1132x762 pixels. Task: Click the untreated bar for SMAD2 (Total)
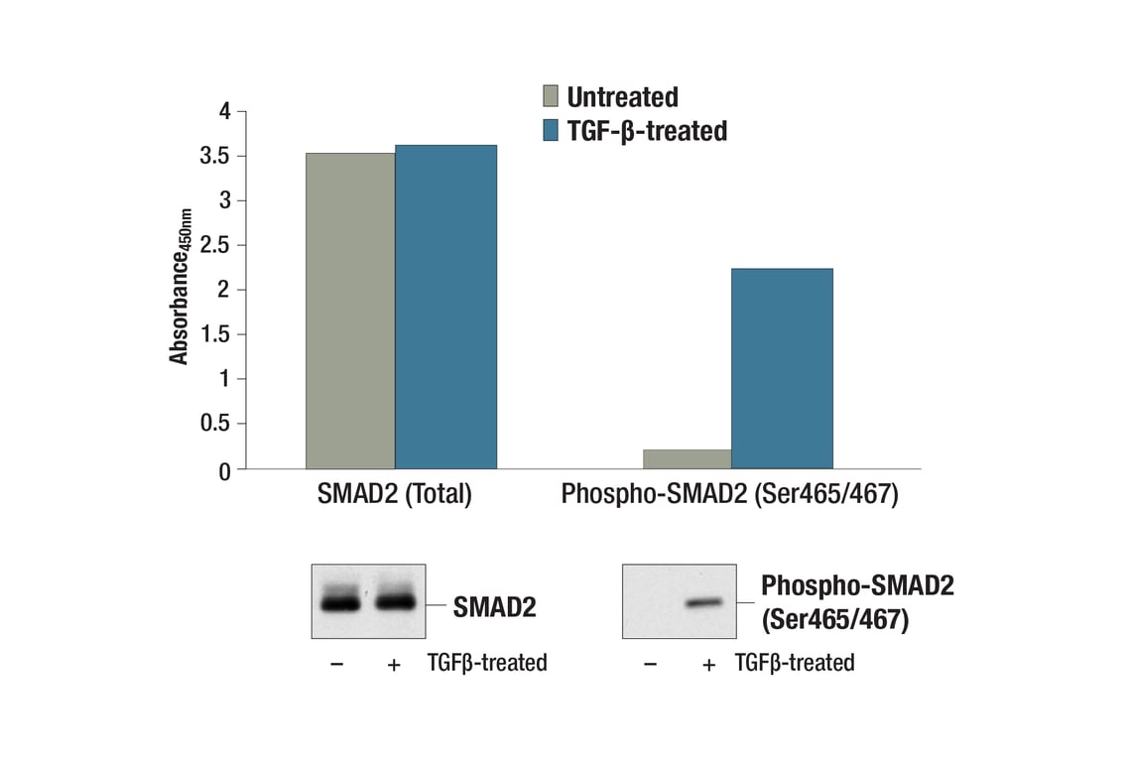click(x=350, y=311)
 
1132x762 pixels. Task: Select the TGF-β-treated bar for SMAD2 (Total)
click(x=445, y=307)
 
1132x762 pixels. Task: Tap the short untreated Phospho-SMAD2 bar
click(x=687, y=458)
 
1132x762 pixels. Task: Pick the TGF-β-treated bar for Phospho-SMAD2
click(x=782, y=368)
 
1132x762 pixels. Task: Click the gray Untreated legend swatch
click(x=551, y=96)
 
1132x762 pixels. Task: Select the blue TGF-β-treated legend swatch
click(x=551, y=130)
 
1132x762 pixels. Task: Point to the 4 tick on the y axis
click(x=225, y=112)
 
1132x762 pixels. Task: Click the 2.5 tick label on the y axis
click(x=217, y=245)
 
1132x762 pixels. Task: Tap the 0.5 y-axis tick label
click(x=217, y=424)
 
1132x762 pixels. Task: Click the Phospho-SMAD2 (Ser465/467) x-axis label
click(x=729, y=494)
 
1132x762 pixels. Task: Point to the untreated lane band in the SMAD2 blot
click(x=339, y=602)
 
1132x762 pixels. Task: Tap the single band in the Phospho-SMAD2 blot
click(x=707, y=602)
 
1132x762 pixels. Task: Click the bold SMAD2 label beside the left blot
click(x=494, y=606)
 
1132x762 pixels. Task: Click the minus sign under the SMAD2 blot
click(x=337, y=664)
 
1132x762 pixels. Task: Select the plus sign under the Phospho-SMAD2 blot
click(x=707, y=664)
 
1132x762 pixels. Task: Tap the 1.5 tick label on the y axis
click(x=217, y=334)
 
